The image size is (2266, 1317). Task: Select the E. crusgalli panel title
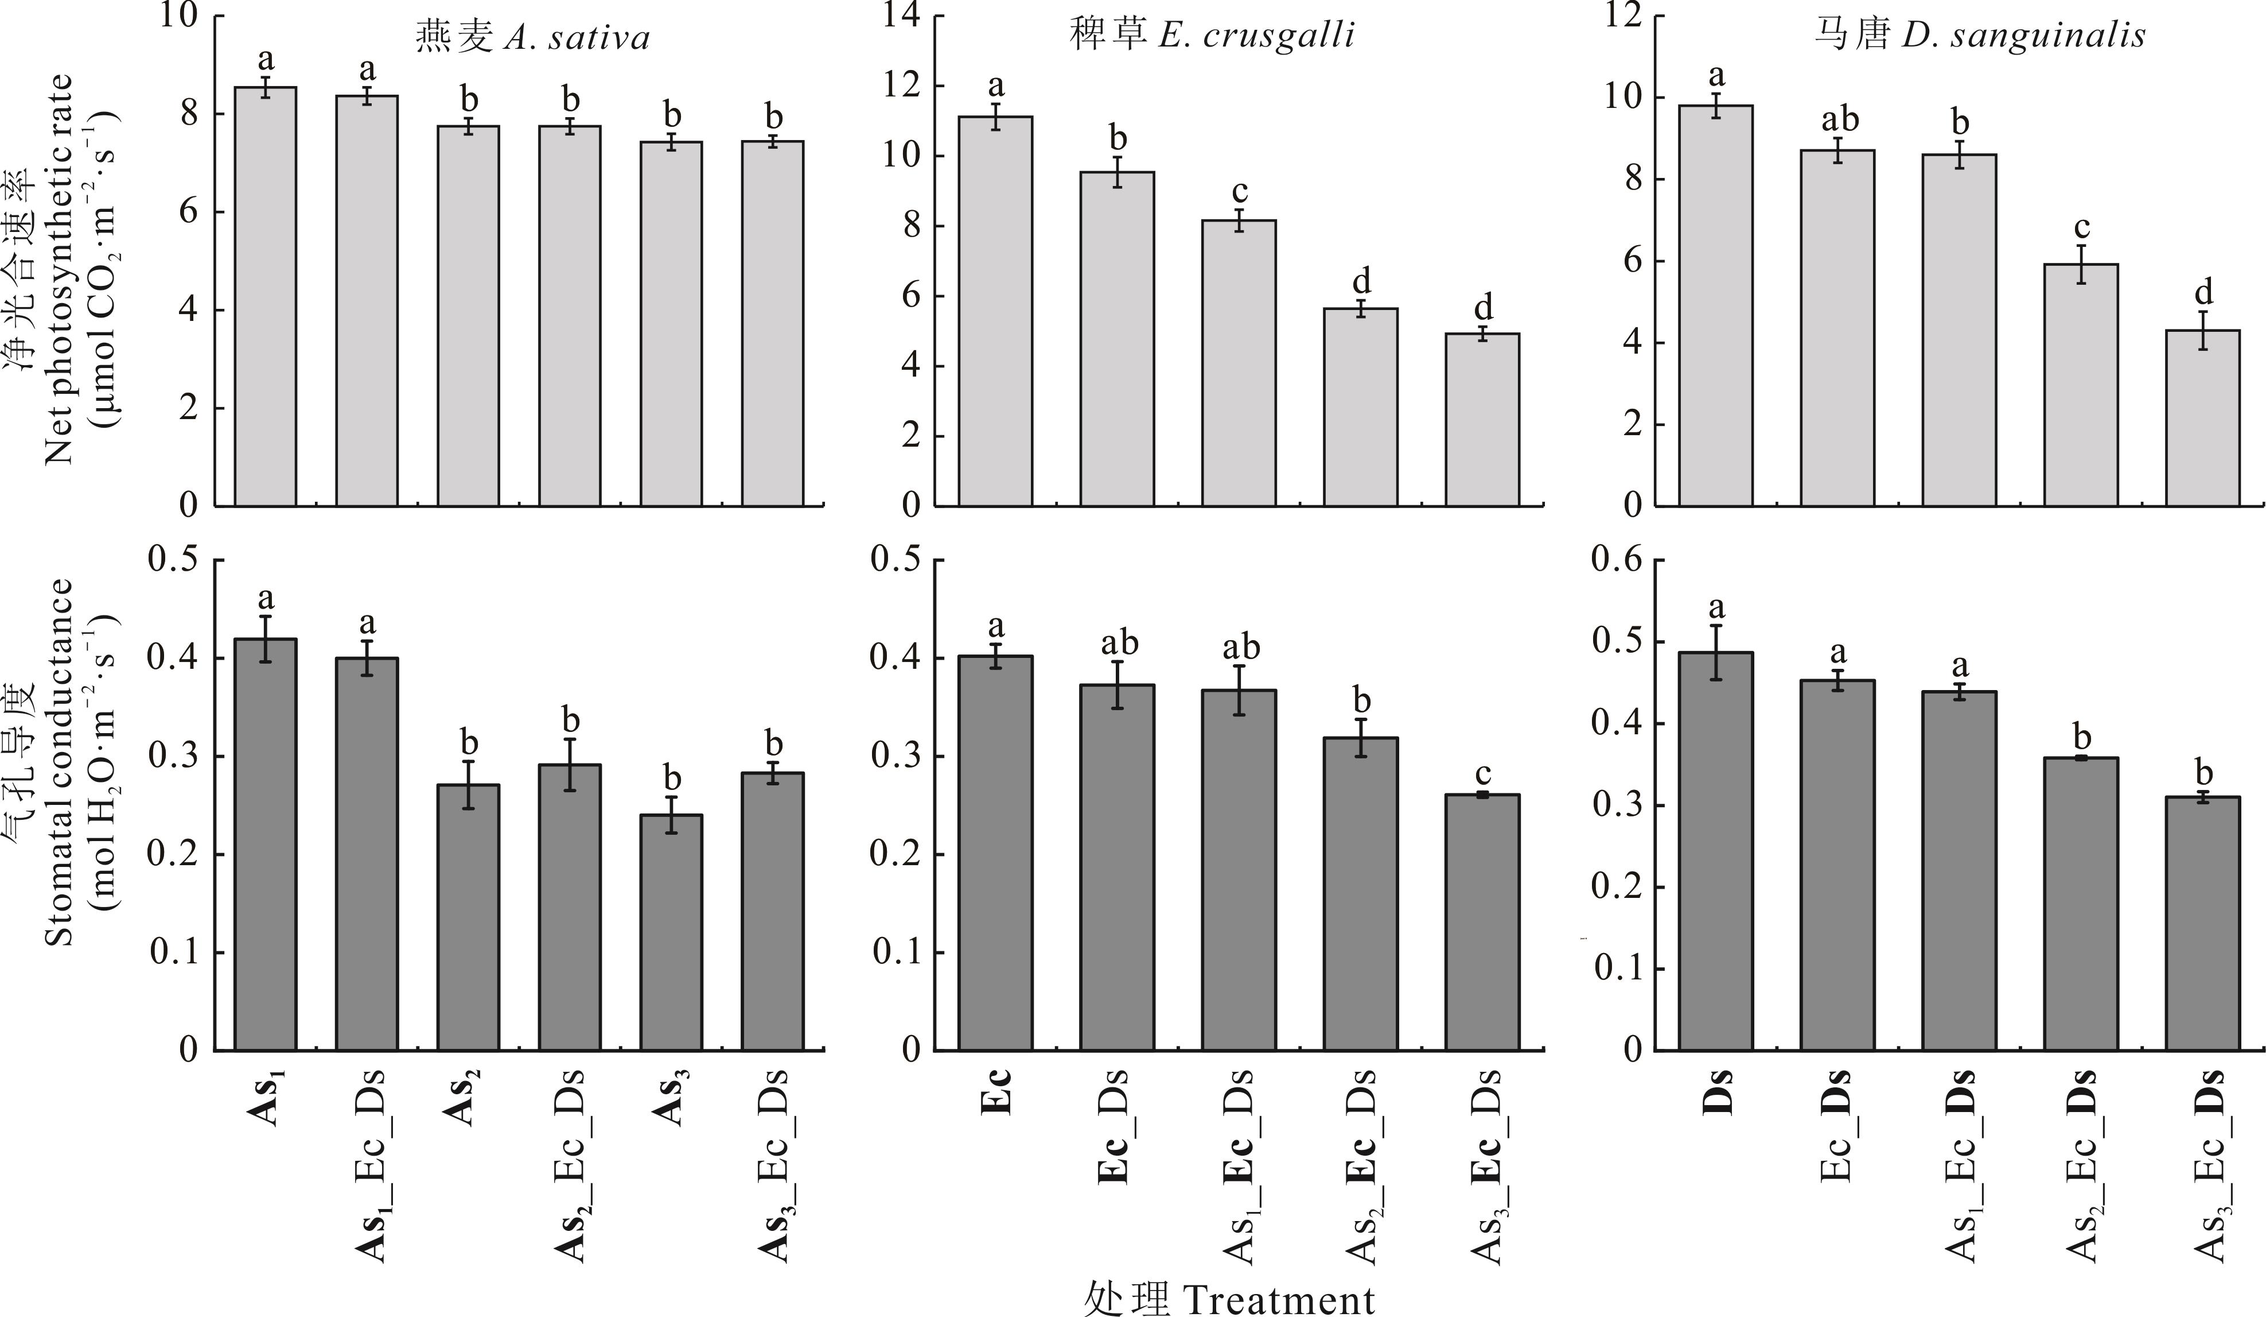point(1211,34)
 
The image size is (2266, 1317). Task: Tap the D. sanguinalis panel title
point(1978,34)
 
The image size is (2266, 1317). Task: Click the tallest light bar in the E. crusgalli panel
point(995,311)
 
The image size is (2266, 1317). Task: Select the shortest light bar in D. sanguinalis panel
point(2203,419)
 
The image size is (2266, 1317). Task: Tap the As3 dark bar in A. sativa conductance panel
point(672,932)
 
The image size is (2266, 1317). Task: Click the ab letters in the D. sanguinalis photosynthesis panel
point(1837,119)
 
